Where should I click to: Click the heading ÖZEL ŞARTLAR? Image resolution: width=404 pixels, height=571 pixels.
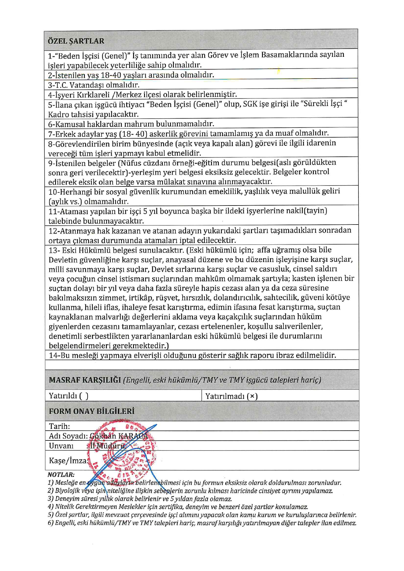pyautogui.click(x=76, y=41)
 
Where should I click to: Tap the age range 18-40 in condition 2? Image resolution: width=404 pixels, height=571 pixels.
pyautogui.click(x=111, y=75)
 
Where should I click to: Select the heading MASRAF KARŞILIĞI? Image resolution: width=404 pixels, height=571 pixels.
pyautogui.click(x=85, y=380)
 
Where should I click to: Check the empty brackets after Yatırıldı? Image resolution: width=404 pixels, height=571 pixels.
pyautogui.click(x=84, y=396)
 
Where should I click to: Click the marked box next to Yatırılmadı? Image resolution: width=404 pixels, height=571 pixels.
pyautogui.click(x=252, y=396)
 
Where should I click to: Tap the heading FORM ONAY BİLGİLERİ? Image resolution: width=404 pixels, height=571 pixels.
pyautogui.click(x=92, y=411)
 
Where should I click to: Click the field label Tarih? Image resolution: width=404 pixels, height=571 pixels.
pyautogui.click(x=60, y=426)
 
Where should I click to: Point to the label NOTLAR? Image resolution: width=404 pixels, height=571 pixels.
pyautogui.click(x=61, y=475)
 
